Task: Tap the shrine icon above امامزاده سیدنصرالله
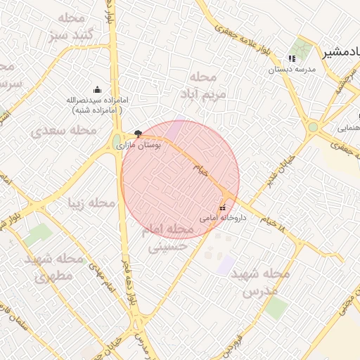coord(97,89)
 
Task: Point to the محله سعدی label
coord(63,130)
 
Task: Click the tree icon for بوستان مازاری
coord(138,133)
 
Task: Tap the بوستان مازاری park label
coord(148,144)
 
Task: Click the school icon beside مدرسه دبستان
coord(292,58)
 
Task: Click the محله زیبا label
coord(91,202)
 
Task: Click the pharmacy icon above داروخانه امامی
coord(223,207)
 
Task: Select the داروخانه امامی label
coord(223,218)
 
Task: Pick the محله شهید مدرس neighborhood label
coord(260,281)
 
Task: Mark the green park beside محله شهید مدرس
coord(275,308)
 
